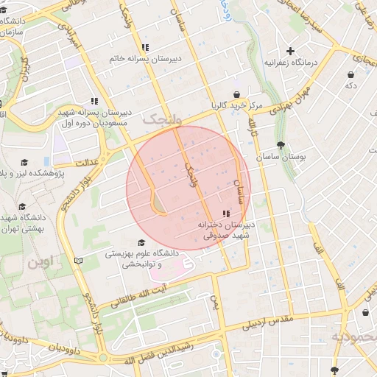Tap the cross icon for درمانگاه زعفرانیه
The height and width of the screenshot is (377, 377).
(291, 52)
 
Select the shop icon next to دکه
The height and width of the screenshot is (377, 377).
(351, 74)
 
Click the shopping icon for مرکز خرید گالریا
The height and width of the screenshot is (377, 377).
(236, 94)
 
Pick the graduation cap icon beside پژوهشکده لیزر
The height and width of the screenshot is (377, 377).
(24, 163)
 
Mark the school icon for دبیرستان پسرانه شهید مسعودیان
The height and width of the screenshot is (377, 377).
(94, 101)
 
